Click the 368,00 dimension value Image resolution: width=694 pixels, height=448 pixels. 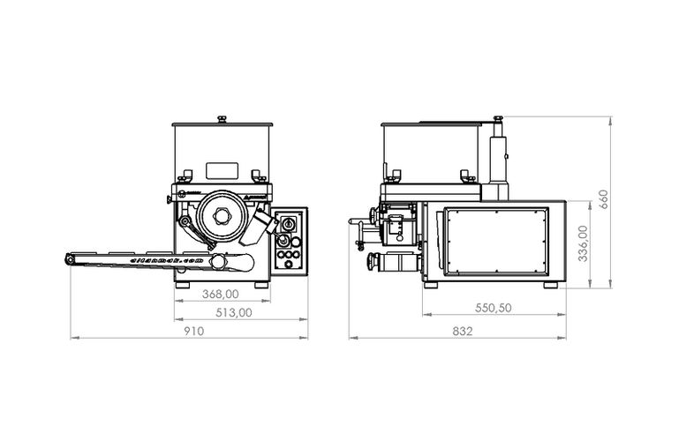click(x=219, y=295)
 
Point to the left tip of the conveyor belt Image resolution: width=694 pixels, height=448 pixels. click(x=68, y=258)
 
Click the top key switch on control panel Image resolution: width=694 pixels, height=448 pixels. click(x=287, y=226)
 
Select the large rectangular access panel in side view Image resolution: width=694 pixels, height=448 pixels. click(x=499, y=240)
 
